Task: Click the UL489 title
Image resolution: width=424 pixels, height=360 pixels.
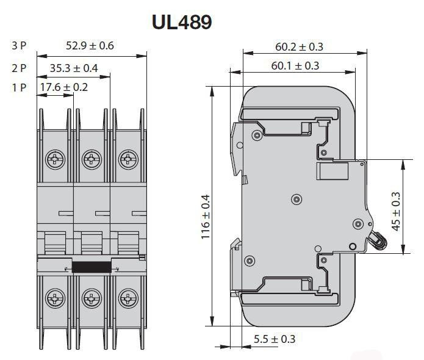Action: coord(182,21)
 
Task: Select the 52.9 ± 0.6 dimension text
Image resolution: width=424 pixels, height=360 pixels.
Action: coord(90,45)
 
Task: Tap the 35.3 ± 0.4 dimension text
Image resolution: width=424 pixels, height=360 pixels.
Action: coord(74,68)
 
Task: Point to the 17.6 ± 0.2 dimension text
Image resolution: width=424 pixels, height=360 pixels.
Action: coord(64,87)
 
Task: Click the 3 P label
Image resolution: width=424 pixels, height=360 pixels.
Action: coord(19,45)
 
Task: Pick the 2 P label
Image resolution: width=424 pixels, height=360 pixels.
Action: coord(19,68)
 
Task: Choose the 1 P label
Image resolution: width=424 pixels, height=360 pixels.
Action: coord(19,87)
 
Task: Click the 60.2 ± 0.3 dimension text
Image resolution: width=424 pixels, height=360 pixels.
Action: coord(299,47)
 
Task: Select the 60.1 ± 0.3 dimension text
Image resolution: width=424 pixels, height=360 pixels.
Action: coord(295,66)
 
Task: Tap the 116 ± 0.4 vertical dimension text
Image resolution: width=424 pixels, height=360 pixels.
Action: coord(206,217)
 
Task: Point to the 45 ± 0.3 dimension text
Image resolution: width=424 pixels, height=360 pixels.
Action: coord(396,212)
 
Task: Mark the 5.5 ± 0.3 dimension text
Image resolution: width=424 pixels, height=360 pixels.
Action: coord(275,339)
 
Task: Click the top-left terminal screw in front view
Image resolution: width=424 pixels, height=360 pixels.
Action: coord(55,159)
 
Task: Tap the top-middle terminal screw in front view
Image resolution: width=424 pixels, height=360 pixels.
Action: coord(92,159)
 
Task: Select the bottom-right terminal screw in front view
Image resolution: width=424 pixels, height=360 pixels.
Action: coord(128,298)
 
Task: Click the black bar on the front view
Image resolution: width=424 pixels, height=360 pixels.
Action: coord(92,267)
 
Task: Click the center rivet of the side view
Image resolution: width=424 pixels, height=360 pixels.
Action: coord(296,200)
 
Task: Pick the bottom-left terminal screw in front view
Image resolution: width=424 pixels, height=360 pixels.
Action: coord(55,298)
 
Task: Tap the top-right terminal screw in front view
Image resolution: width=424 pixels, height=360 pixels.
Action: coord(128,159)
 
